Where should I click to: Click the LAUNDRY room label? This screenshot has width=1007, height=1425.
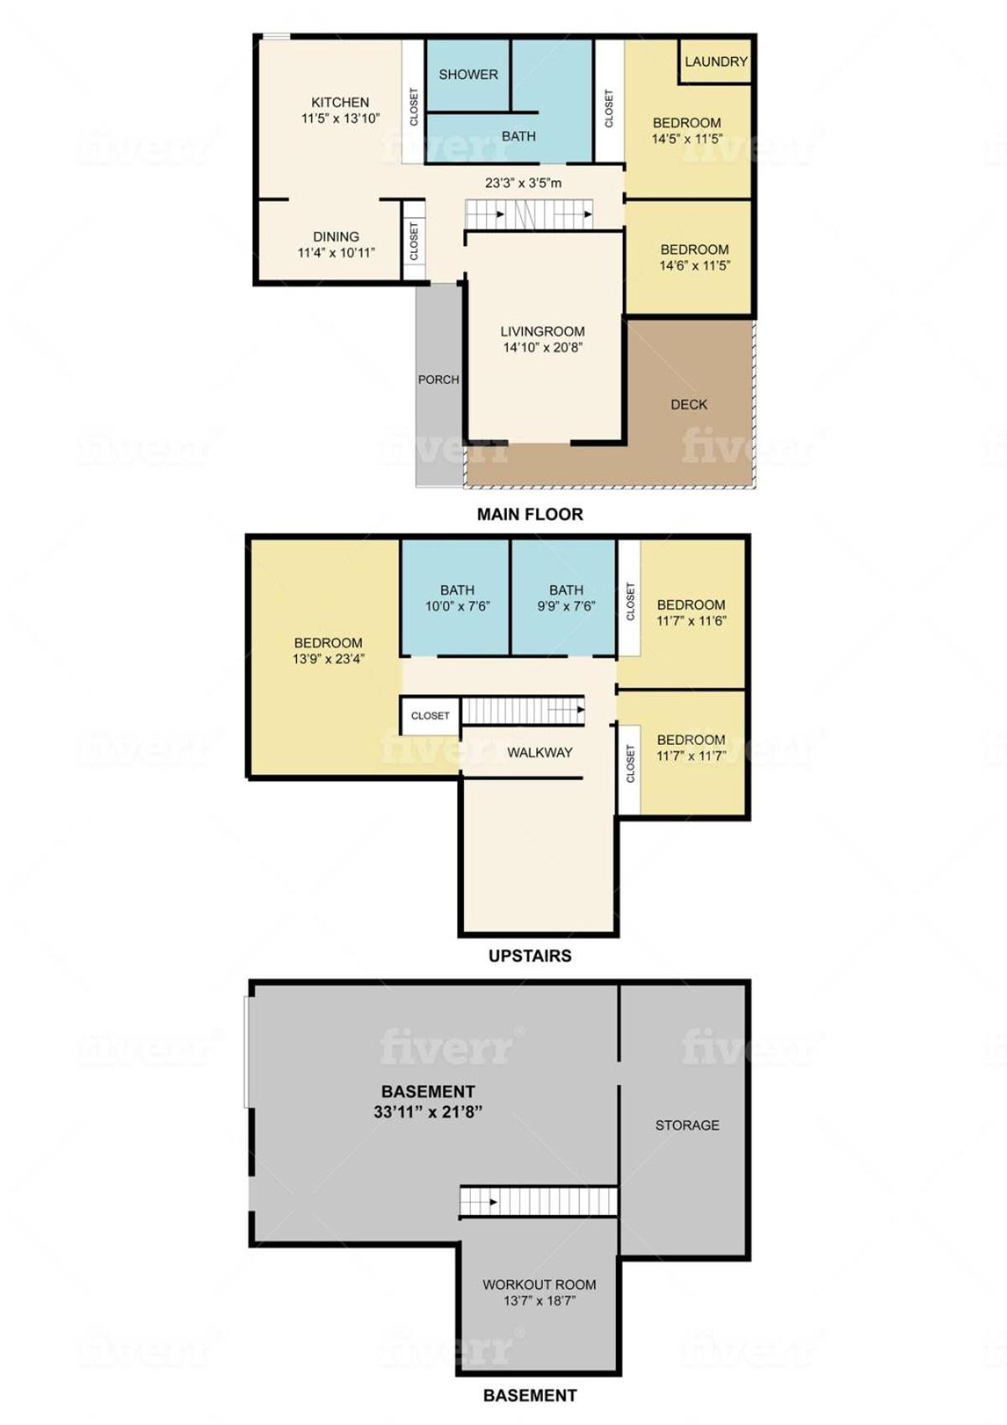coord(716,61)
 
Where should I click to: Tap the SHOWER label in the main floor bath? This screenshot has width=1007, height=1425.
coord(468,75)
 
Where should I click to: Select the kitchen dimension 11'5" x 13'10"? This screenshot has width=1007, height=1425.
coord(340,118)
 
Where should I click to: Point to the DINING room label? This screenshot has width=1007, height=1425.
coord(336,237)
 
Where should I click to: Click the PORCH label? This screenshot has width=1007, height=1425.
coord(438,380)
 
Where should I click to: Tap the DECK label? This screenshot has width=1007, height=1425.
coord(688,405)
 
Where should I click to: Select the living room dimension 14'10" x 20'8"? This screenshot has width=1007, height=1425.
coord(542,348)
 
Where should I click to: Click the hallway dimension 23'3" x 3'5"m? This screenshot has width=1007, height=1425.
coord(523,183)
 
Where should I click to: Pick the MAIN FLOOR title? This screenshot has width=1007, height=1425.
coord(530,514)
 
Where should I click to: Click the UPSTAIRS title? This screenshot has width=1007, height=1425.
coord(530,956)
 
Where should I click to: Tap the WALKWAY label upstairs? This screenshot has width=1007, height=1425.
coord(540,752)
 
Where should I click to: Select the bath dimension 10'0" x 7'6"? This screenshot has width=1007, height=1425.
coord(457,606)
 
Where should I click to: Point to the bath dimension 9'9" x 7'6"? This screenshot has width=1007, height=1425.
coord(566,606)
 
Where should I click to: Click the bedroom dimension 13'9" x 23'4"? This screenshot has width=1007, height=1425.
coord(328,659)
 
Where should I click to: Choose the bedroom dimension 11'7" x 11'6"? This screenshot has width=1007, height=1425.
coord(691,621)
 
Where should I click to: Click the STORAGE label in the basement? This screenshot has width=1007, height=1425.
coord(687,1125)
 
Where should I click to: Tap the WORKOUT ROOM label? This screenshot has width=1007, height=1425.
coord(539,1285)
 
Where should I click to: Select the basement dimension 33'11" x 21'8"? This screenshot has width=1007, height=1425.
coord(428,1113)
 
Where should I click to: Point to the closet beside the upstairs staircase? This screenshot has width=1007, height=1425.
coord(430,715)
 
